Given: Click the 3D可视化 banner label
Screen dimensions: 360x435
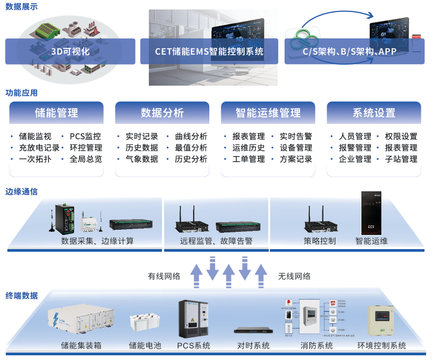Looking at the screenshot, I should pyautogui.click(x=70, y=52).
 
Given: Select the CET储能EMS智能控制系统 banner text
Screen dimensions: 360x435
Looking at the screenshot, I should pyautogui.click(x=209, y=52).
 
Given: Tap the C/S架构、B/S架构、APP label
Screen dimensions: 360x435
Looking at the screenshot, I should pyautogui.click(x=349, y=52).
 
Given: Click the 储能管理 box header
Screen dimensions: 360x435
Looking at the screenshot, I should pyautogui.click(x=56, y=112).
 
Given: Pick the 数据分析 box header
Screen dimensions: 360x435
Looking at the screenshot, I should pyautogui.click(x=162, y=112).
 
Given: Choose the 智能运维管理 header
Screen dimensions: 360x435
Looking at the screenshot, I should pyautogui.click(x=268, y=112).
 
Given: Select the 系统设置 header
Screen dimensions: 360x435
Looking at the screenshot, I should pyautogui.click(x=373, y=112).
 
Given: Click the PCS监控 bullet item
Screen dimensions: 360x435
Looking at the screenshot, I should pyautogui.click(x=85, y=137).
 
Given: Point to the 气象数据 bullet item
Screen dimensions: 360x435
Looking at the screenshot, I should pyautogui.click(x=141, y=159).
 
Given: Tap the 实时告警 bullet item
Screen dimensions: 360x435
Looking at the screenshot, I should pyautogui.click(x=296, y=137).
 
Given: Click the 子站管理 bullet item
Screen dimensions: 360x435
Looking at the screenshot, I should pyautogui.click(x=401, y=159).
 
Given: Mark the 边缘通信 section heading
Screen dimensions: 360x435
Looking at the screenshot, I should pyautogui.click(x=22, y=192).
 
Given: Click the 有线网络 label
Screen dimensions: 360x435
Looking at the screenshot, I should pyautogui.click(x=164, y=276).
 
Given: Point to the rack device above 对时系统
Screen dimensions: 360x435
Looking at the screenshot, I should pyautogui.click(x=252, y=330).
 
